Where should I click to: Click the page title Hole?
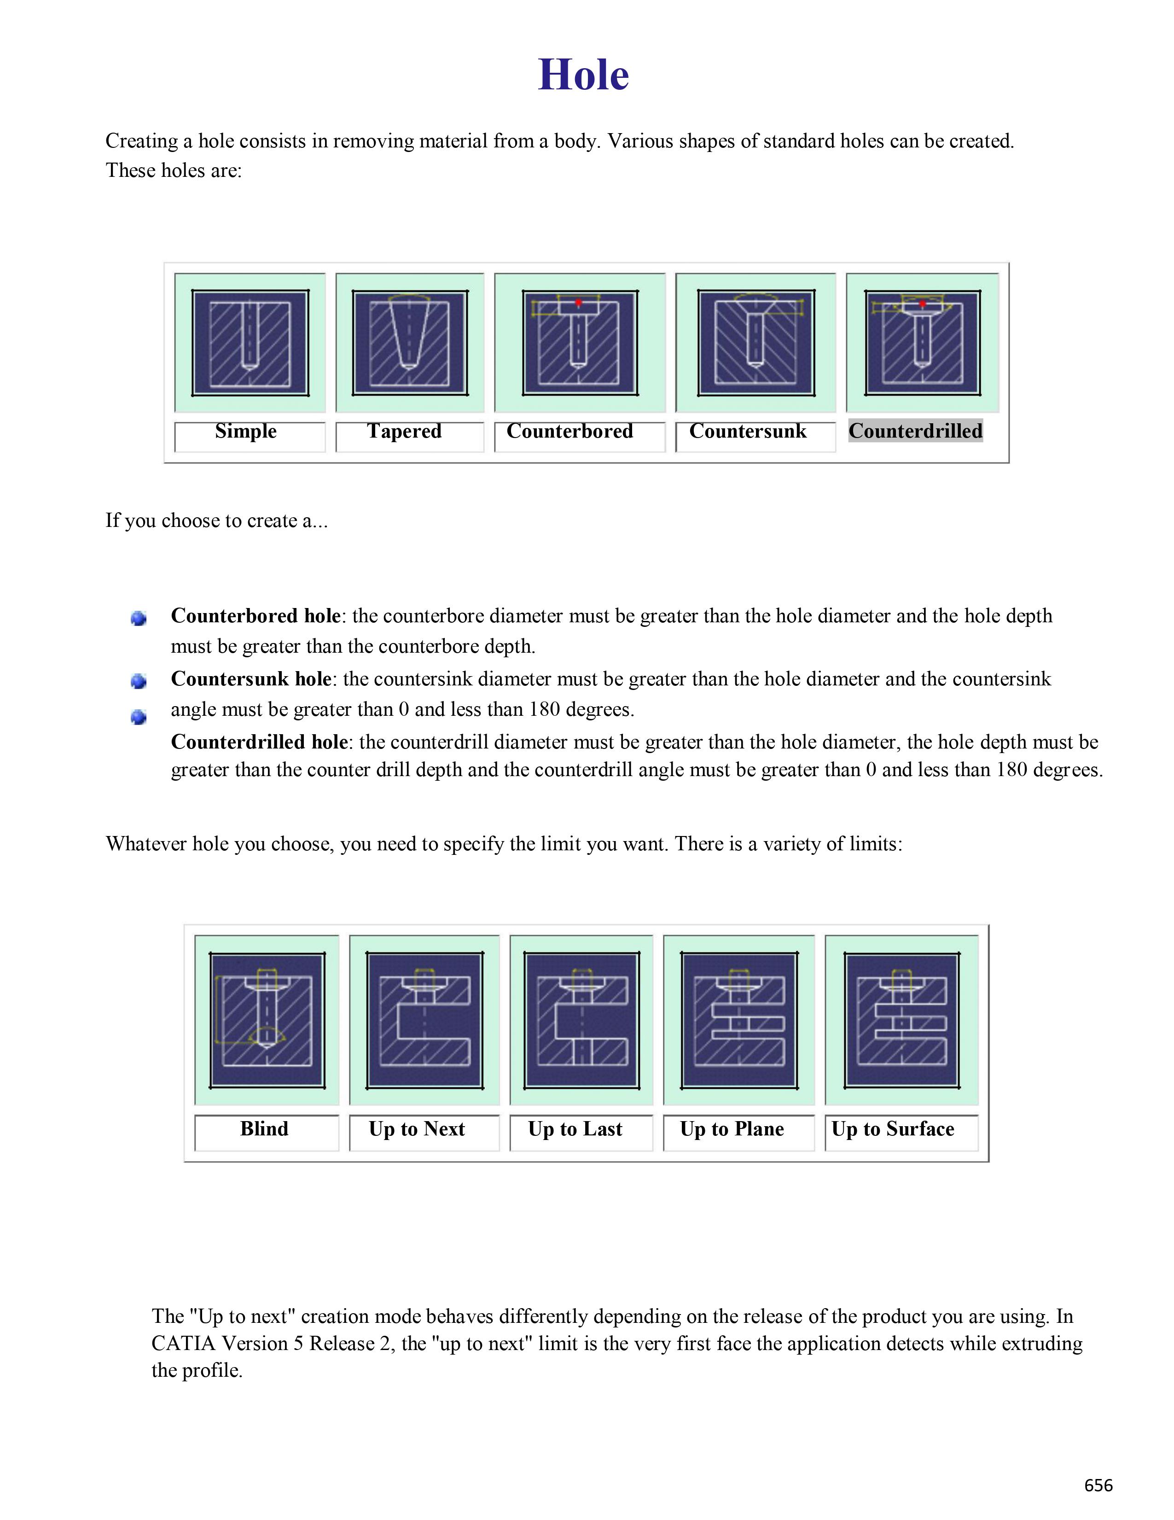pyautogui.click(x=583, y=75)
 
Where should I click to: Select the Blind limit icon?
pyautogui.click(x=267, y=1020)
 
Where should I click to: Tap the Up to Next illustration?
pyautogui.click(x=424, y=1020)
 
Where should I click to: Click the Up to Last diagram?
pyautogui.click(x=581, y=1020)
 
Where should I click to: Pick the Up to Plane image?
pyautogui.click(x=738, y=1020)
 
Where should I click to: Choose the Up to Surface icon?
pyautogui.click(x=901, y=1020)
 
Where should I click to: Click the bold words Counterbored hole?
pyautogui.click(x=255, y=616)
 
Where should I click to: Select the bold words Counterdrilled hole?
pyautogui.click(x=259, y=742)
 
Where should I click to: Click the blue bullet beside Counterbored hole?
pyautogui.click(x=139, y=618)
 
